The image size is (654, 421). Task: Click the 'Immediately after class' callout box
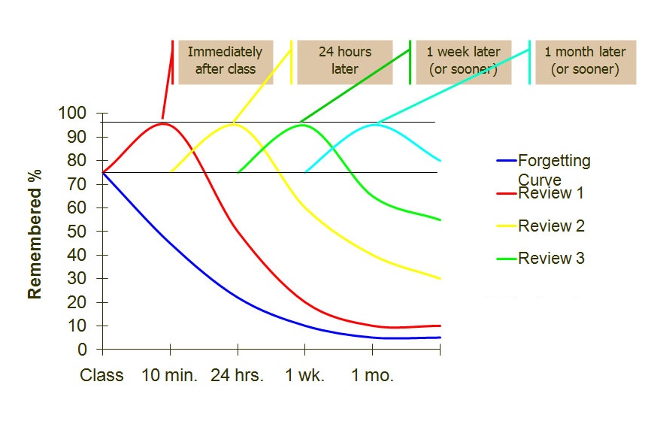click(x=226, y=61)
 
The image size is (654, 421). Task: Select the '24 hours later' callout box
click(x=345, y=61)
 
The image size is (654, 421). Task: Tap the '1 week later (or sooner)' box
click(x=463, y=61)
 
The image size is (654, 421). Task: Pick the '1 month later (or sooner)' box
click(x=585, y=61)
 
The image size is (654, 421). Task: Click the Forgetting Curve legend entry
click(x=554, y=169)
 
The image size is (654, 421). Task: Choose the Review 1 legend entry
click(x=551, y=193)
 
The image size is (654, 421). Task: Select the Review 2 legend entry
click(x=551, y=226)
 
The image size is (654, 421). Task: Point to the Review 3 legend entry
click(x=551, y=259)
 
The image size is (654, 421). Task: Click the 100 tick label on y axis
click(x=72, y=114)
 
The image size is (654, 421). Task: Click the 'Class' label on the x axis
click(x=102, y=375)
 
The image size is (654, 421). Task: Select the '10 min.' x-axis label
click(x=170, y=375)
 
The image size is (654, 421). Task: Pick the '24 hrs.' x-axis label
click(x=238, y=375)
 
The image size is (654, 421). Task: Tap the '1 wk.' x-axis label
click(x=304, y=375)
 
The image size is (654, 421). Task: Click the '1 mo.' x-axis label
click(x=372, y=375)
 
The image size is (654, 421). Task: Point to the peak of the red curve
click(x=163, y=123)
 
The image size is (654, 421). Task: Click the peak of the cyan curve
click(x=374, y=124)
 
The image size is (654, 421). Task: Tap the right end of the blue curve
click(x=440, y=338)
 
